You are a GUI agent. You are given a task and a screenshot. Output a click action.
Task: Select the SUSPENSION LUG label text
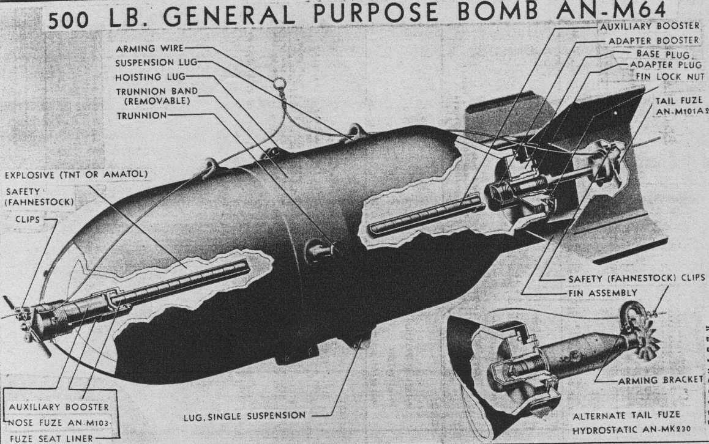tap(156, 62)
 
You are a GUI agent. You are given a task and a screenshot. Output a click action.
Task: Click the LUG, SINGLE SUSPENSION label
tap(245, 416)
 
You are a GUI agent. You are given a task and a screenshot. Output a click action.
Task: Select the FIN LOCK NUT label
tap(671, 76)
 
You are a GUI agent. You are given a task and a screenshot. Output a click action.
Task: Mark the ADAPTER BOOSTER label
tap(653, 40)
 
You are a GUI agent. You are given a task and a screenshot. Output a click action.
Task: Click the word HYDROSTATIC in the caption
tap(604, 429)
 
